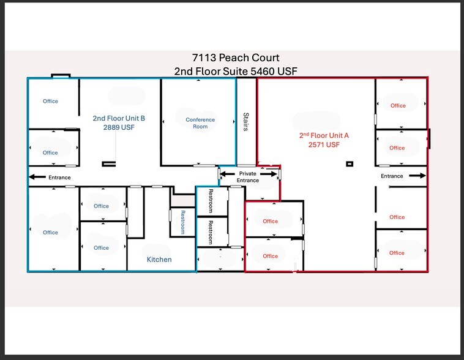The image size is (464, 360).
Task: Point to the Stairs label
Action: [x=246, y=121]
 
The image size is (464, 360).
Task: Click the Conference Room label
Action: [x=200, y=123]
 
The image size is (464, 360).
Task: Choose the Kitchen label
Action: [x=159, y=260]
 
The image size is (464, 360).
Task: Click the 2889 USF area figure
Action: [x=119, y=127]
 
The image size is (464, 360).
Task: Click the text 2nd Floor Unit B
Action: [x=119, y=118]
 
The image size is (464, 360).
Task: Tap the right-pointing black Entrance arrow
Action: [x=416, y=176]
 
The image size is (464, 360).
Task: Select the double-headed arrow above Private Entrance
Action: [x=248, y=174]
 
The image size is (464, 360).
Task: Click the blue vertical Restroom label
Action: [x=182, y=222]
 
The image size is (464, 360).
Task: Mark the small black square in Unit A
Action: [x=350, y=163]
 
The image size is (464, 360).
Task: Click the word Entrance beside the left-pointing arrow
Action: [x=59, y=178]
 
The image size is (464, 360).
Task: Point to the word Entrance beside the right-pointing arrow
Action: [x=392, y=176]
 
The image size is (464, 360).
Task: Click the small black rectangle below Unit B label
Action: [x=109, y=163]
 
